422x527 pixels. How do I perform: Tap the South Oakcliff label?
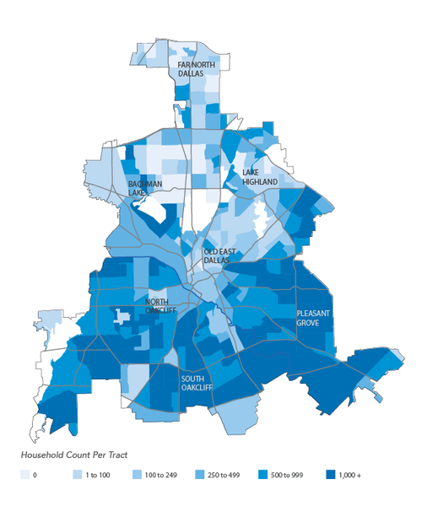click(x=197, y=384)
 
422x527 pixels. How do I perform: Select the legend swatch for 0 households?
click(x=24, y=476)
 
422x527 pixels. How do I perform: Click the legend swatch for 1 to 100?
click(x=77, y=476)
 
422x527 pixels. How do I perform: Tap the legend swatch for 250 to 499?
click(x=199, y=476)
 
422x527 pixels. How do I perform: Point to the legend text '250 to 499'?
click(x=227, y=476)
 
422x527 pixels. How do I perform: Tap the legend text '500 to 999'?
click(x=290, y=476)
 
